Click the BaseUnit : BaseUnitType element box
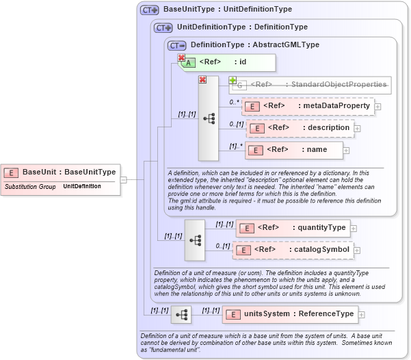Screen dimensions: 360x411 pyautogui.click(x=62, y=172)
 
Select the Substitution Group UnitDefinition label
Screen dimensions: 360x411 pyautogui.click(x=53, y=186)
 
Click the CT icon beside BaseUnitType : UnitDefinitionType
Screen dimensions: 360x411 pyautogui.click(x=149, y=10)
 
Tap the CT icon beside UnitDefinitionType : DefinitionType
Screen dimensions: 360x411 pyautogui.click(x=163, y=27)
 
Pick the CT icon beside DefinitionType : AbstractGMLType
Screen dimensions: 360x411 pyautogui.click(x=176, y=45)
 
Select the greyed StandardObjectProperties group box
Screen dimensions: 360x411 pyautogui.click(x=311, y=85)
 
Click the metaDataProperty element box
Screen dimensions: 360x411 pyautogui.click(x=307, y=106)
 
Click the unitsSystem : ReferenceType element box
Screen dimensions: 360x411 pyautogui.click(x=290, y=314)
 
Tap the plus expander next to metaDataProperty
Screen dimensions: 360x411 pyautogui.click(x=378, y=107)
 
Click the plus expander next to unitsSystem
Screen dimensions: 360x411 pyautogui.click(x=362, y=315)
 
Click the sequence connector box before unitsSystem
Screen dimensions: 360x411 pyautogui.click(x=181, y=315)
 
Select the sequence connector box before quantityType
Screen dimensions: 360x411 pyautogui.click(x=195, y=240)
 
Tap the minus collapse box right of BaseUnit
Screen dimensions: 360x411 pyautogui.click(x=124, y=179)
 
